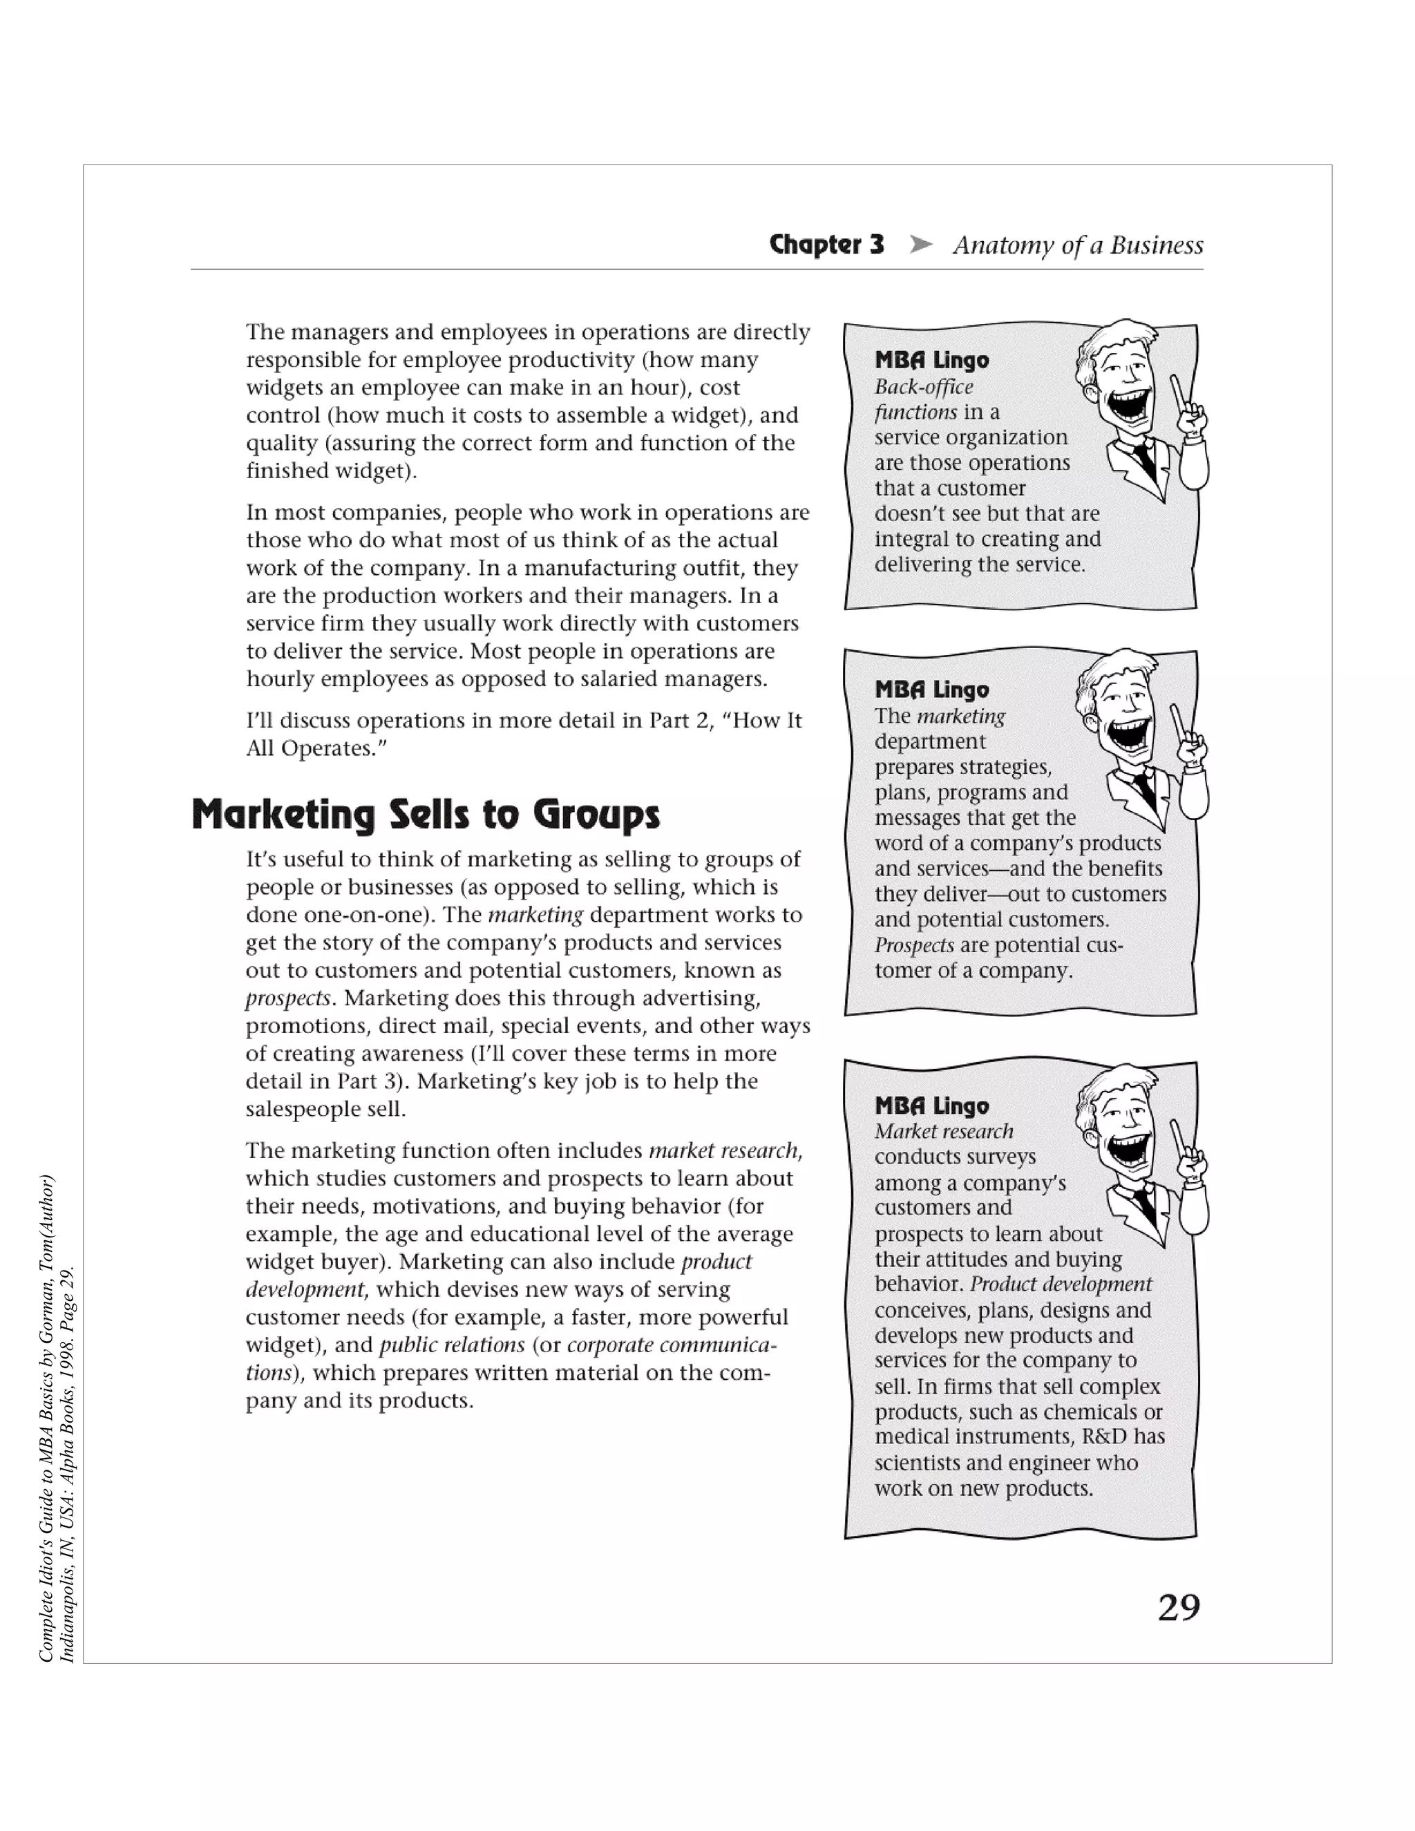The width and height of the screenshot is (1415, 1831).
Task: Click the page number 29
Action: [x=1179, y=1608]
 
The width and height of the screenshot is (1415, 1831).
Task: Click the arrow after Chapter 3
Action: [x=921, y=245]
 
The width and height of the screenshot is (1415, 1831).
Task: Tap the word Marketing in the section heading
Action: [x=283, y=815]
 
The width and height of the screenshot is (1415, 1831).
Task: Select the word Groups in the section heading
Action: [x=597, y=815]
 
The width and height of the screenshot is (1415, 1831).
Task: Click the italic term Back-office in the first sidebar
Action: [x=924, y=386]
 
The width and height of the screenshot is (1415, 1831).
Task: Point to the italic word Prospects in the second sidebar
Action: [x=913, y=945]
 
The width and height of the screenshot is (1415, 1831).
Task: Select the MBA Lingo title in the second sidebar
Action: [x=931, y=690]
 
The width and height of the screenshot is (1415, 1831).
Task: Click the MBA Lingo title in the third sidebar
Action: [x=931, y=1106]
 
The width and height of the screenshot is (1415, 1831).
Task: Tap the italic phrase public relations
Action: [x=452, y=1345]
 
